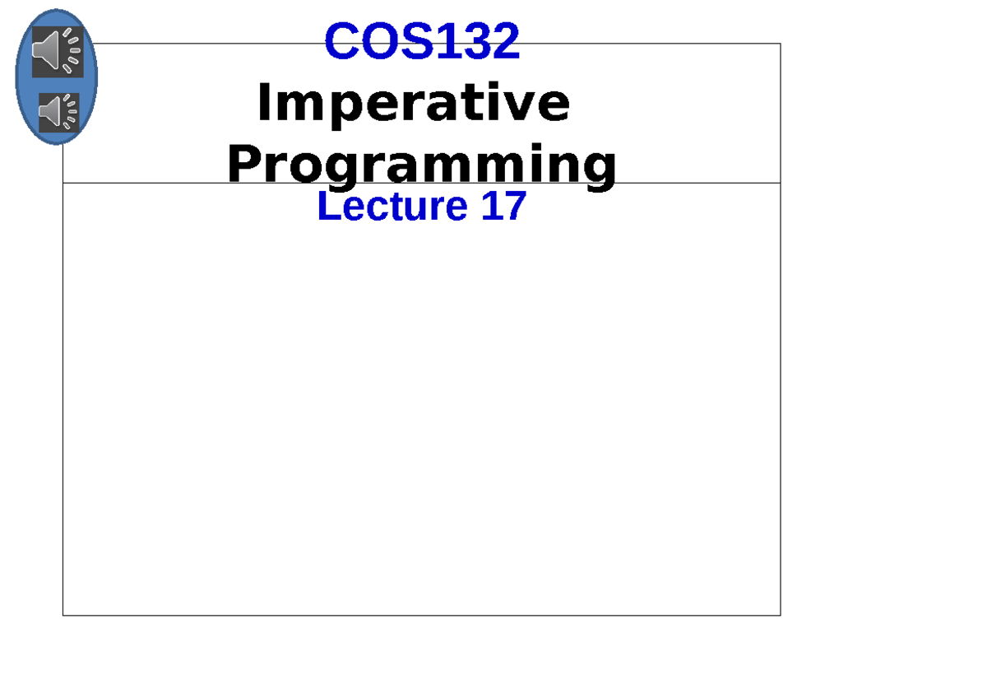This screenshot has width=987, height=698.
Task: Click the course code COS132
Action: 422,41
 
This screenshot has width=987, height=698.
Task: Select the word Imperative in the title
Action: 413,104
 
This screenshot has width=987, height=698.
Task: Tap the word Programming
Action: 421,164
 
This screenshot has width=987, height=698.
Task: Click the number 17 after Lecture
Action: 503,206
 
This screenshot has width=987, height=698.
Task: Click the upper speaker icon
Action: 57,51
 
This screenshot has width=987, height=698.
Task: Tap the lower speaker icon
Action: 59,112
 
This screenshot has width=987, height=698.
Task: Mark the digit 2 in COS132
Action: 504,41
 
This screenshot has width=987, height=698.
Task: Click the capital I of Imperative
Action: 264,104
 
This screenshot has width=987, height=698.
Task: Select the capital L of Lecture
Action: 327,206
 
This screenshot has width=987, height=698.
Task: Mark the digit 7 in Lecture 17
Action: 514,206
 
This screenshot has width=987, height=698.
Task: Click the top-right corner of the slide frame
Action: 780,44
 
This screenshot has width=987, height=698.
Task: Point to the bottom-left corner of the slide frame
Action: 63,615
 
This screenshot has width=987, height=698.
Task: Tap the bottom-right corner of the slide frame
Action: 780,615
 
